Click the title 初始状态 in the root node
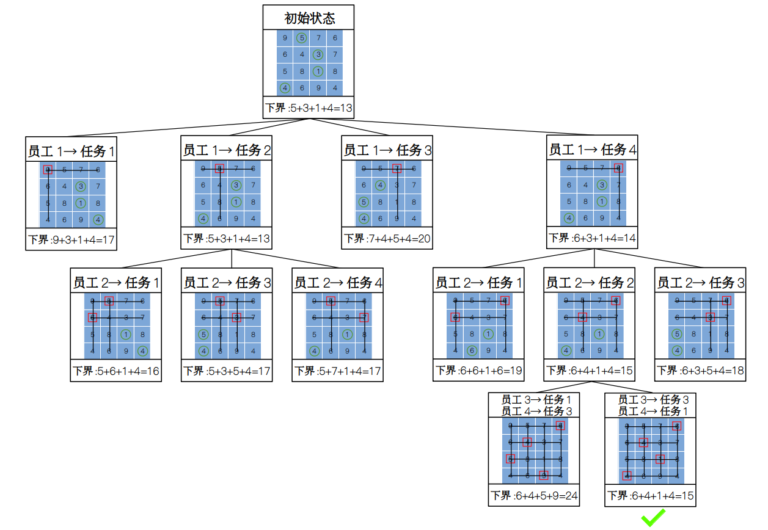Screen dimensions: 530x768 click(309, 18)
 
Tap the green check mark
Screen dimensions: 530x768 click(653, 518)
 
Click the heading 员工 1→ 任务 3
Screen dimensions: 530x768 click(387, 150)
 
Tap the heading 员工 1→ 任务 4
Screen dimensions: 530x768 click(592, 150)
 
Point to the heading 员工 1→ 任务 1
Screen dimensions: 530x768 click(71, 151)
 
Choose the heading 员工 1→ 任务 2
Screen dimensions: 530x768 click(227, 150)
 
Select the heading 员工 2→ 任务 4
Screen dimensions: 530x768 click(338, 283)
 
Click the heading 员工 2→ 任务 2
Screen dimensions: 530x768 click(589, 283)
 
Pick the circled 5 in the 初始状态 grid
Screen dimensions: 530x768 click(301, 38)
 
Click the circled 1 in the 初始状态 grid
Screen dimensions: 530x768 click(318, 71)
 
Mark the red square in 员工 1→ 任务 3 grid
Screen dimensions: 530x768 click(397, 169)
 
